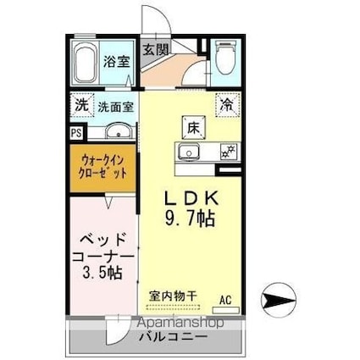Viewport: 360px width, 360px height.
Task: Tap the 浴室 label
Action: click(x=115, y=61)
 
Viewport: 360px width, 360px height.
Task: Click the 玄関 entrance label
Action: click(x=154, y=49)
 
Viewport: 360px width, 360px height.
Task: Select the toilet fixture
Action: click(x=225, y=58)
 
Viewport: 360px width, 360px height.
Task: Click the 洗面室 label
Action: click(x=114, y=107)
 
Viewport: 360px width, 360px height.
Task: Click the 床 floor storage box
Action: click(x=191, y=128)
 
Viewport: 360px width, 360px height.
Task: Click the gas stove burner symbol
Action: click(x=226, y=153)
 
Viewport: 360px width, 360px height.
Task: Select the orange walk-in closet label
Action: click(x=104, y=166)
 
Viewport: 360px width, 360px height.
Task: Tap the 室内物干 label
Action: click(x=173, y=296)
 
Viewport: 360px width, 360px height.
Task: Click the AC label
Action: click(x=226, y=299)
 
